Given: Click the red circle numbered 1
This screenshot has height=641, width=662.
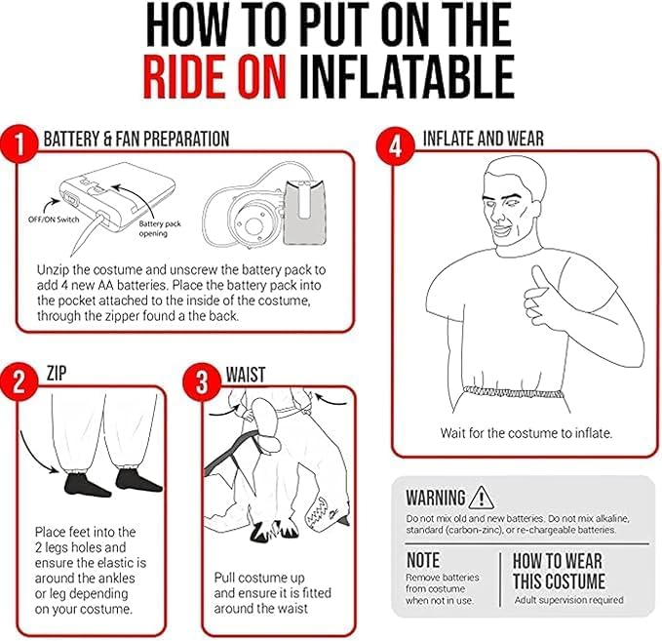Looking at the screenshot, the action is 19,143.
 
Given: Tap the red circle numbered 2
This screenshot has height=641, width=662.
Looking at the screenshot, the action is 19,382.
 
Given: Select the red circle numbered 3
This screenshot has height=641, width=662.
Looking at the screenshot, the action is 202,382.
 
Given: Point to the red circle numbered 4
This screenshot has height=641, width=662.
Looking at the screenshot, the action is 395,146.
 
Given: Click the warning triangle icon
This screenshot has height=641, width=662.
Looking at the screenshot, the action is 481,498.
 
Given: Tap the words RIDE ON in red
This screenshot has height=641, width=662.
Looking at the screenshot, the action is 215,76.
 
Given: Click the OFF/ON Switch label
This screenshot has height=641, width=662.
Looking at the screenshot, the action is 54,220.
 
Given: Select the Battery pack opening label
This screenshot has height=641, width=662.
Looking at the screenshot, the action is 159,228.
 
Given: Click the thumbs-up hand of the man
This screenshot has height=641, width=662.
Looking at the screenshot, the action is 542,298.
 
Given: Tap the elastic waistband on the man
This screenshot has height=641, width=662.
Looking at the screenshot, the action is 513,393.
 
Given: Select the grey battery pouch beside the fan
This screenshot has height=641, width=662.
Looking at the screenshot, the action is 304,213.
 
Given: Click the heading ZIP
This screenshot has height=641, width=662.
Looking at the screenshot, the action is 57,373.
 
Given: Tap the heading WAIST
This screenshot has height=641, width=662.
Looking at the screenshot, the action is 246,375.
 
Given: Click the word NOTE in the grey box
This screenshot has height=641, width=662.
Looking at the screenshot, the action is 423,560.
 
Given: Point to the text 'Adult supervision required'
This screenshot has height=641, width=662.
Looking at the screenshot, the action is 568,600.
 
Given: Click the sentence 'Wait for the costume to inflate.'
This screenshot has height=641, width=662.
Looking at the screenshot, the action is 526,433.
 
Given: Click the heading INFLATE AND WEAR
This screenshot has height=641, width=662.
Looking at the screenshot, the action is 484,139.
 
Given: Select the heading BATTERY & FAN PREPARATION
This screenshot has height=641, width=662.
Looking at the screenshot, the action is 136,139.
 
